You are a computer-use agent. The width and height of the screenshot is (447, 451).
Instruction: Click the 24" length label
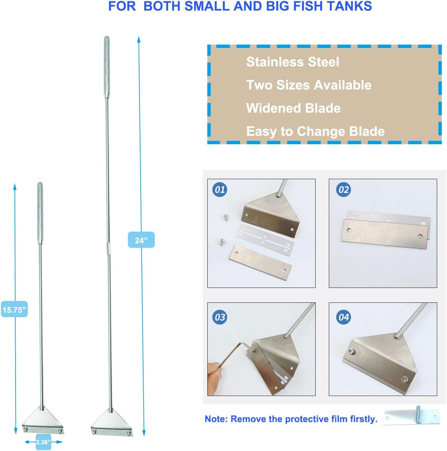pyautogui.click(x=141, y=240)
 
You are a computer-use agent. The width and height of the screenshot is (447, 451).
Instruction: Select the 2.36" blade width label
pyautogui.click(x=43, y=442)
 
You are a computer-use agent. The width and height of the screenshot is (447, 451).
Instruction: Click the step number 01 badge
pyautogui.click(x=220, y=190)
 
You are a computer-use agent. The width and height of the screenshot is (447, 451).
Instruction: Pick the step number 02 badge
pyautogui.click(x=343, y=190)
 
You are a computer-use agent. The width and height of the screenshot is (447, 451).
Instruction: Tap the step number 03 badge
pyautogui.click(x=220, y=317)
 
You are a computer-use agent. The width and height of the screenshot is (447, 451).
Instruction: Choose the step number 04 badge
pyautogui.click(x=343, y=317)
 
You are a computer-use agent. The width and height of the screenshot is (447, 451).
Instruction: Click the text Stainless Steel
pyautogui.click(x=293, y=62)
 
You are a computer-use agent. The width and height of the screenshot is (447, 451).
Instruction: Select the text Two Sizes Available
pyautogui.click(x=309, y=85)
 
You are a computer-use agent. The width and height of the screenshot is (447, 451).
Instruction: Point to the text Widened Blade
pyautogui.click(x=293, y=108)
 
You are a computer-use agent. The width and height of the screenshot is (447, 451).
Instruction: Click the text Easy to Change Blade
pyautogui.click(x=315, y=132)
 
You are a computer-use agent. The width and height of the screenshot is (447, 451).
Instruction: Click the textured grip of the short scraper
pyautogui.click(x=40, y=213)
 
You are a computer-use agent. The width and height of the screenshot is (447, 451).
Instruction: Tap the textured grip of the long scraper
pyautogui.click(x=107, y=67)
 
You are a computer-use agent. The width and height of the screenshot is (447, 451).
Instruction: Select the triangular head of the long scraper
pyautogui.click(x=111, y=423)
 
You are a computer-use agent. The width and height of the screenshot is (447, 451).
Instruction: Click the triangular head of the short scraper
pyautogui.click(x=43, y=420)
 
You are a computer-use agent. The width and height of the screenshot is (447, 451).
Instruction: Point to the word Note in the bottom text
pyautogui.click(x=216, y=419)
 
